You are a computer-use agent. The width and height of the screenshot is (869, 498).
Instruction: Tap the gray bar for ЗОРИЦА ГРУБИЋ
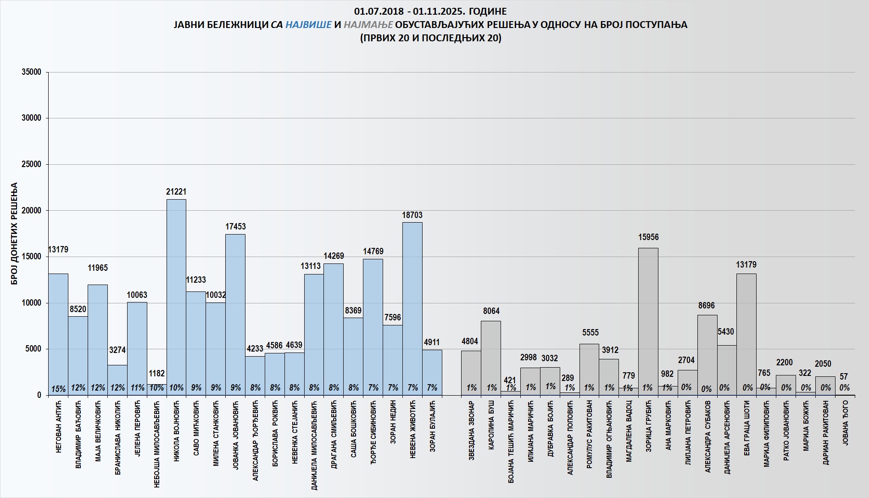(x=648, y=321)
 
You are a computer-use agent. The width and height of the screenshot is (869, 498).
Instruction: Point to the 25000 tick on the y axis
(x=32, y=164)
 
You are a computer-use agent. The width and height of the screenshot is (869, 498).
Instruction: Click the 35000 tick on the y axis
(x=32, y=72)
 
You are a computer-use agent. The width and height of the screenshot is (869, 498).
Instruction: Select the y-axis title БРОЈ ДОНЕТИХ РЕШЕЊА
(x=14, y=234)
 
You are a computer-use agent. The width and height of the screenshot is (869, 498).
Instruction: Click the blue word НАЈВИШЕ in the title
(x=308, y=25)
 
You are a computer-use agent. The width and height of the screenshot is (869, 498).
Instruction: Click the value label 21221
(x=176, y=192)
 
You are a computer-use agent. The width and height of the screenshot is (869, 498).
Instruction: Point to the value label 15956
(x=648, y=237)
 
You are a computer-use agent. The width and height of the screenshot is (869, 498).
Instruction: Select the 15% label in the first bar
(x=58, y=389)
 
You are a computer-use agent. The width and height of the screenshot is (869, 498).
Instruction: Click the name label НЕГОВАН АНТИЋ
(x=58, y=427)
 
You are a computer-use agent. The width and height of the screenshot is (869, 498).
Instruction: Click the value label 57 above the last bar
(x=844, y=377)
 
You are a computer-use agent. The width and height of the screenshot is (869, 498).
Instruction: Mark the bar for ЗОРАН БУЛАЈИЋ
(x=432, y=372)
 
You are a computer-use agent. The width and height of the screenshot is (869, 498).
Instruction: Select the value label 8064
(x=491, y=311)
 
